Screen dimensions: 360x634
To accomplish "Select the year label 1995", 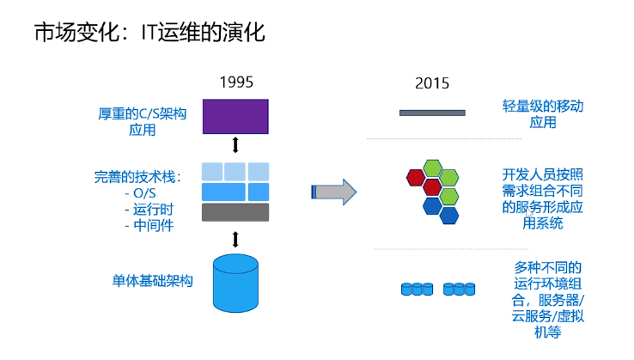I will coord(236,83).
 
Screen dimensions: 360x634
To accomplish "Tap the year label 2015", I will coord(432,84).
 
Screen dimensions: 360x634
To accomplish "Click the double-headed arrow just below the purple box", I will coord(235,144).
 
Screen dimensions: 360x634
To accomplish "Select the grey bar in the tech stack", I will coord(235,211).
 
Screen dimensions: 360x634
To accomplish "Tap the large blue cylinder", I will coord(235,282).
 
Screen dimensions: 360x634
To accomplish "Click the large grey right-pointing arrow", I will coord(332,192).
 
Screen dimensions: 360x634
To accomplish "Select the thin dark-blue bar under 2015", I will coord(432,113).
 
